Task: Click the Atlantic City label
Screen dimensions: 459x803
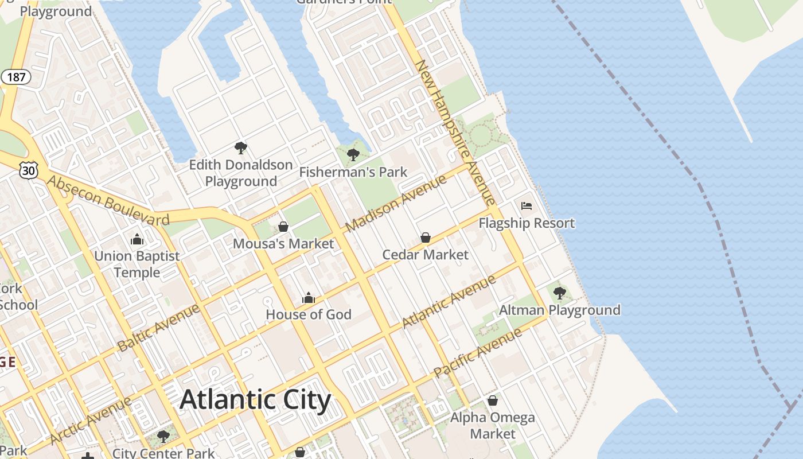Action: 255,400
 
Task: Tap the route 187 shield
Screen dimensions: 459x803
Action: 15,77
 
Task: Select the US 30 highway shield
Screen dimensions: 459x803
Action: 29,170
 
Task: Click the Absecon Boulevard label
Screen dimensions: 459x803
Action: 108,200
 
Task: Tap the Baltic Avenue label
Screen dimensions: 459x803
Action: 158,328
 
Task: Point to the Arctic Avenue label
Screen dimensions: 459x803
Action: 91,420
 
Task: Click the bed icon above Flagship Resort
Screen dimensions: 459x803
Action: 527,206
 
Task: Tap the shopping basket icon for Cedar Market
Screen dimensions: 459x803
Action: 426,238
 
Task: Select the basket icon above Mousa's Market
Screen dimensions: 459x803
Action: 283,227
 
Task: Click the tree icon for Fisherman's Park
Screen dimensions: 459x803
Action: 353,154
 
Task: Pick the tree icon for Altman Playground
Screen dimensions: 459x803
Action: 560,293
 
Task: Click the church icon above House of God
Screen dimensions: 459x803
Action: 309,298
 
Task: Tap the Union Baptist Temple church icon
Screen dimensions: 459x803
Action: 137,239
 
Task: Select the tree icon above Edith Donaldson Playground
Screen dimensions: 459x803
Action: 241,148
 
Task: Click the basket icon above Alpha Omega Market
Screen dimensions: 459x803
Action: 492,400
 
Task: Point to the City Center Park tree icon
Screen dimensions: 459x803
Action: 163,437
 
